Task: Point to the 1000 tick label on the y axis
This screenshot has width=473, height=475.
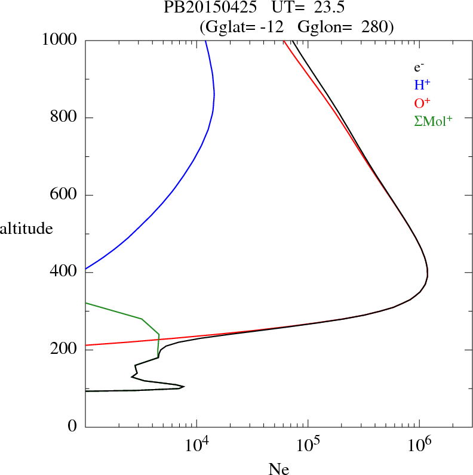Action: click(60, 40)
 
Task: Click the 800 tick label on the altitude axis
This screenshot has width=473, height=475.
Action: click(64, 118)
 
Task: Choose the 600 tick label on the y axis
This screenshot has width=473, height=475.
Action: click(64, 195)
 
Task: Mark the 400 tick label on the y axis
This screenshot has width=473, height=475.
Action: click(64, 272)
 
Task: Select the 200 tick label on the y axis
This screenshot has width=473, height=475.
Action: click(64, 350)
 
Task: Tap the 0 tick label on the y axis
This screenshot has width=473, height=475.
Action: click(73, 427)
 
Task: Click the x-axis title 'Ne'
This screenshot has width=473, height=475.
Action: click(278, 469)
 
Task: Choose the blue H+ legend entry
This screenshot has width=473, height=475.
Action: click(422, 85)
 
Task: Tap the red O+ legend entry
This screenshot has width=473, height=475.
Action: click(422, 103)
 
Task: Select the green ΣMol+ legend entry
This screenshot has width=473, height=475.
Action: click(432, 121)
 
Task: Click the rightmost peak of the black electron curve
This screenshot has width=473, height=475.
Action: click(428, 273)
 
